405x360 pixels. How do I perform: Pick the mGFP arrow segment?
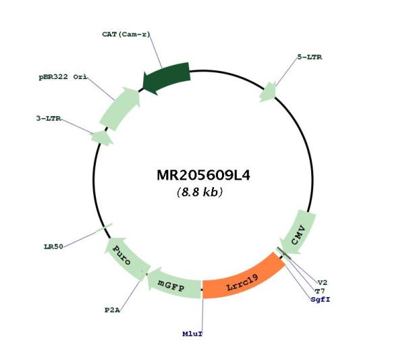tap(173, 284)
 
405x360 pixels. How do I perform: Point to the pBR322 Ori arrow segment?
tap(121, 109)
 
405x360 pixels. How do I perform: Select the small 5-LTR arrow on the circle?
tap(268, 93)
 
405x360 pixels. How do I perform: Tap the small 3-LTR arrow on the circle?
tap(103, 137)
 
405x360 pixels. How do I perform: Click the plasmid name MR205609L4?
tap(203, 176)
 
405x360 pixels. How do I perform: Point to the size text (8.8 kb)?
tap(200, 192)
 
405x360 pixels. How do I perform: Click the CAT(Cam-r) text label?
tap(126, 34)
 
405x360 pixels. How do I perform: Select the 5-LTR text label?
tap(309, 57)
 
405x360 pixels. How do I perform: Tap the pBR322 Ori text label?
tap(63, 77)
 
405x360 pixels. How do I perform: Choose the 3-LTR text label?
tap(49, 118)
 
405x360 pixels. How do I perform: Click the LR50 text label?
tap(53, 247)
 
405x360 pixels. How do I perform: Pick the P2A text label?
tap(112, 310)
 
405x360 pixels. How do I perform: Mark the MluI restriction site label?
tap(192, 334)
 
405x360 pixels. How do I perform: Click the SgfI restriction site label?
tap(321, 299)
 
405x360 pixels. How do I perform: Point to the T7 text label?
tap(320, 291)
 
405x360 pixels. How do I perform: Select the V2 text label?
tap(323, 282)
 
